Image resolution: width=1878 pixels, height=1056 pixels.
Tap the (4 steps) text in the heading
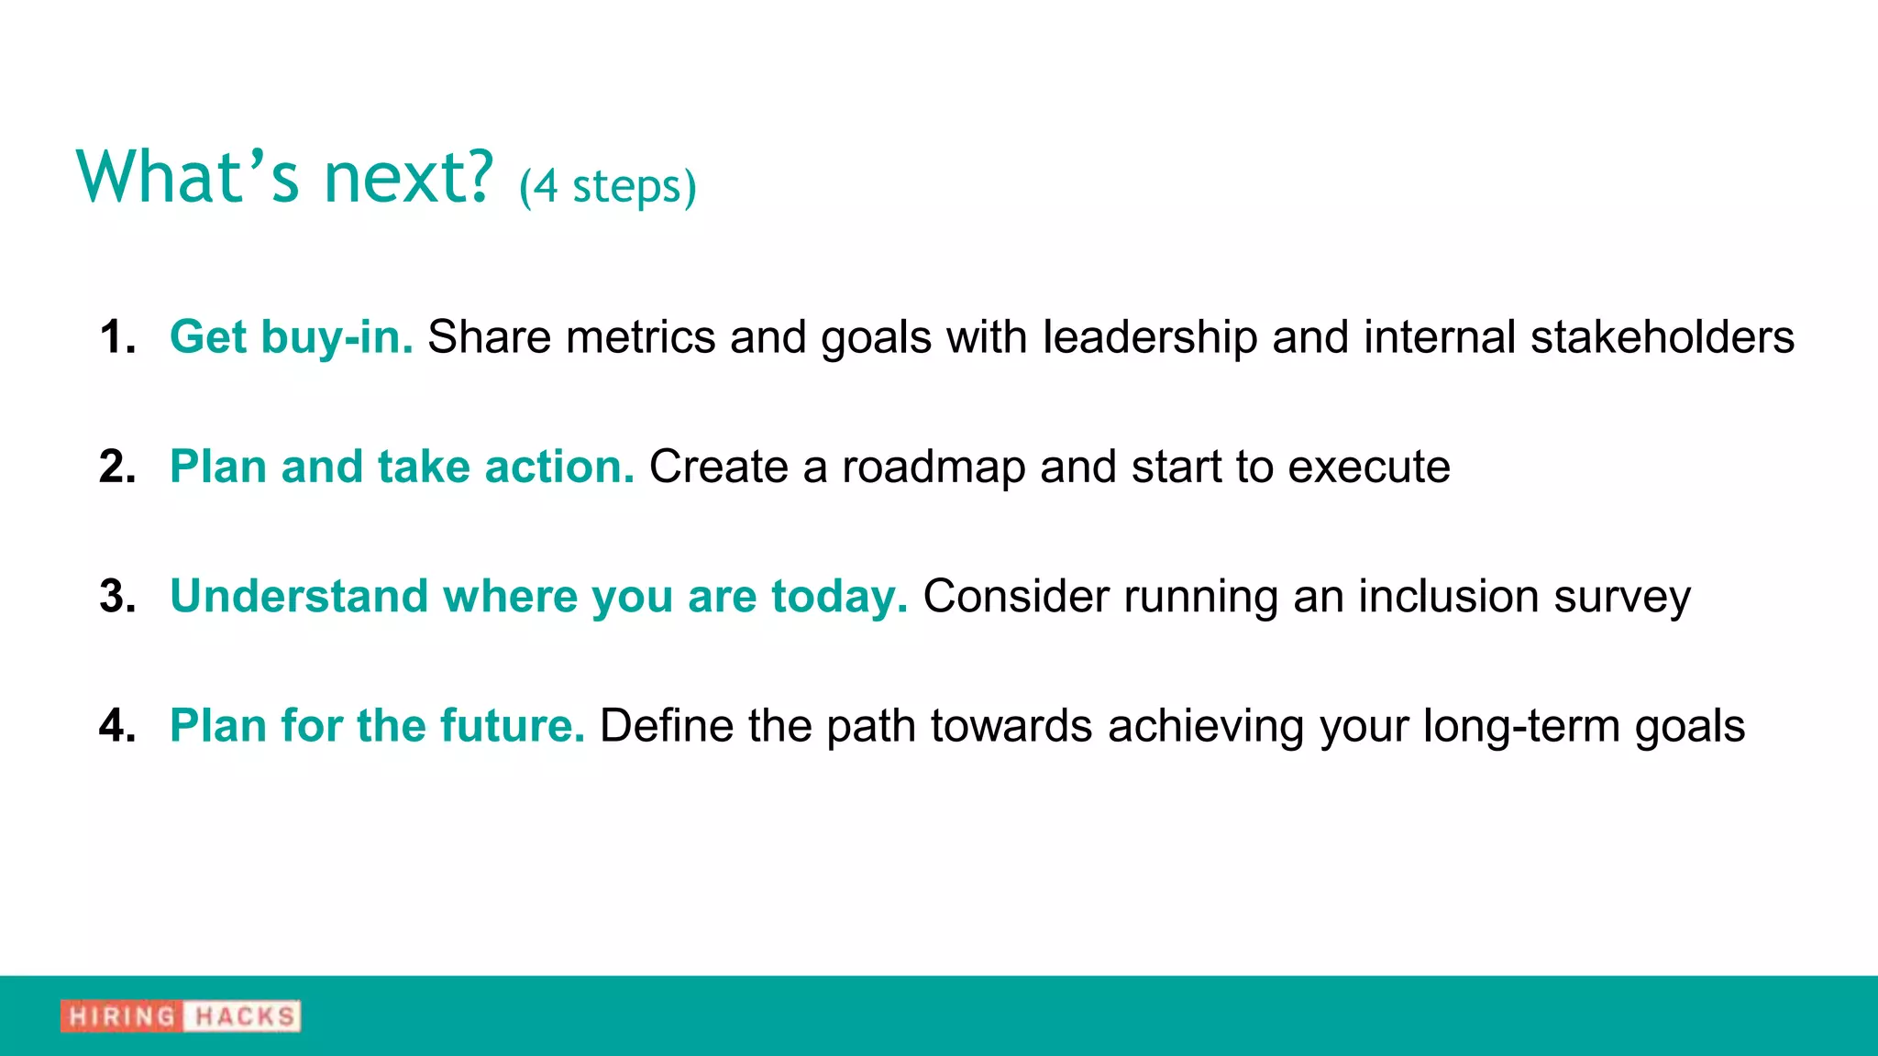[x=607, y=187]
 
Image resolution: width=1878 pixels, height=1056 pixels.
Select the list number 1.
[x=116, y=336]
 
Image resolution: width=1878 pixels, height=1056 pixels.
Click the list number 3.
[x=116, y=596]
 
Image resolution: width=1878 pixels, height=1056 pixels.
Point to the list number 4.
[x=116, y=725]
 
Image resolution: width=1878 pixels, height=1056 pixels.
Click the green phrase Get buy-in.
[x=291, y=336]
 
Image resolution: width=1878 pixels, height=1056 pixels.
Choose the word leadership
[x=1150, y=336]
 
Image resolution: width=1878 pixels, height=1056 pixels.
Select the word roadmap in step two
[x=933, y=467]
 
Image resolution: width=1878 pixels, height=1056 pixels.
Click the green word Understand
[x=299, y=596]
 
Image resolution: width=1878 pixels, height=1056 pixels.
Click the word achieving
[x=1206, y=727]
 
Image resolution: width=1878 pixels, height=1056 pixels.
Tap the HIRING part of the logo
[x=122, y=1016]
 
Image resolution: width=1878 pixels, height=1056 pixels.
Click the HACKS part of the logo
[x=244, y=1016]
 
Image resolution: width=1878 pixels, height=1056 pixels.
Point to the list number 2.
[x=116, y=467]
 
